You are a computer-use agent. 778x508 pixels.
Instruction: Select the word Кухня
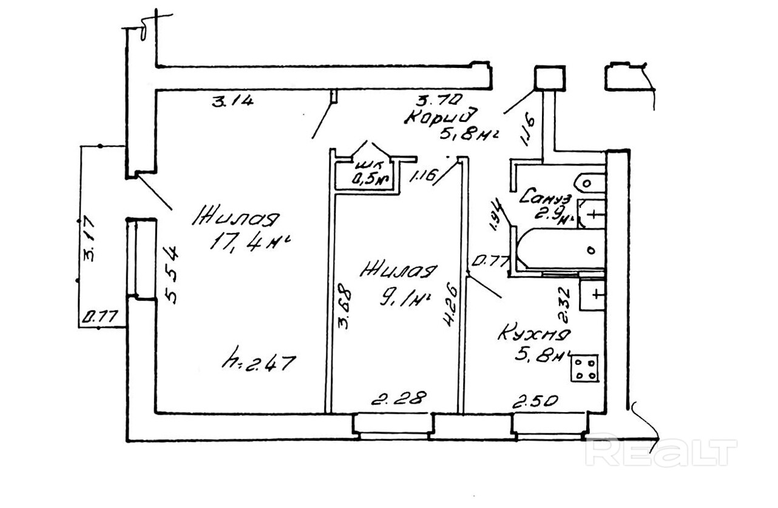pyautogui.click(x=534, y=335)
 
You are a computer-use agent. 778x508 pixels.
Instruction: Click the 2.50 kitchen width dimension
pyautogui.click(x=535, y=401)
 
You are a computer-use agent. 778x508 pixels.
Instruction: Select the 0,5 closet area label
pyautogui.click(x=371, y=179)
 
